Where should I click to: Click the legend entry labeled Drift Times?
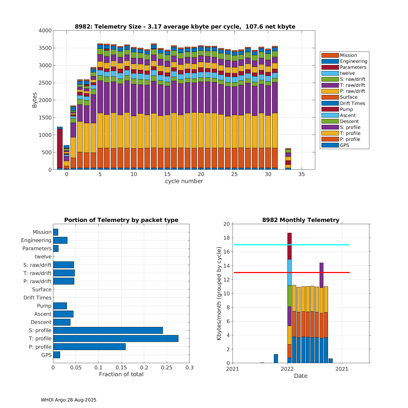tap(352, 103)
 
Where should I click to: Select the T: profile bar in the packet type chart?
tap(116, 338)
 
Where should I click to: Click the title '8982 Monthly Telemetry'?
tap(301, 220)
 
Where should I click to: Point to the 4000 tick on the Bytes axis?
tap(45, 31)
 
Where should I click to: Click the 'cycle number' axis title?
tap(184, 181)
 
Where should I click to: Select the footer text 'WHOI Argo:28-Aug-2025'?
tap(69, 400)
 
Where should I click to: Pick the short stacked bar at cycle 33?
tap(288, 159)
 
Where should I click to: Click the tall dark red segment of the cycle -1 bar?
tap(60, 149)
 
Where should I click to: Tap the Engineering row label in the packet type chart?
tap(36, 240)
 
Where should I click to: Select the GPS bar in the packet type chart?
tap(57, 355)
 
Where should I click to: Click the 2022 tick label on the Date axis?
tap(287, 369)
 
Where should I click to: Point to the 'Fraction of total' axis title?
tap(121, 374)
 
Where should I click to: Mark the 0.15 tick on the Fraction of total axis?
tap(121, 368)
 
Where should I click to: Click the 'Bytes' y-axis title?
tap(35, 100)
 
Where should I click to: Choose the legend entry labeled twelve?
tap(347, 73)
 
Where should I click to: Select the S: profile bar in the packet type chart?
tap(108, 330)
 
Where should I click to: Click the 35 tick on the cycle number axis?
tap(301, 174)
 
